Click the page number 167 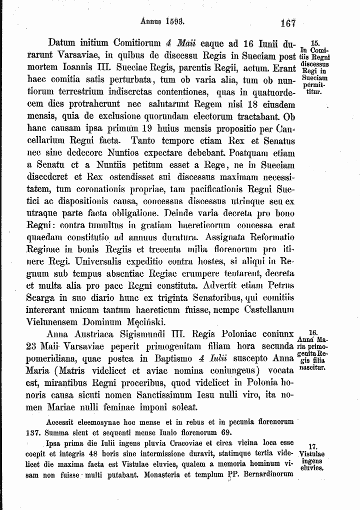point(288,23)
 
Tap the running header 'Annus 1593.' point(163,22)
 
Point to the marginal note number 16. point(313,332)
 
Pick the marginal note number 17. point(313,446)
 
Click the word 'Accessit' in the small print point(62,422)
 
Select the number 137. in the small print point(33,432)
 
